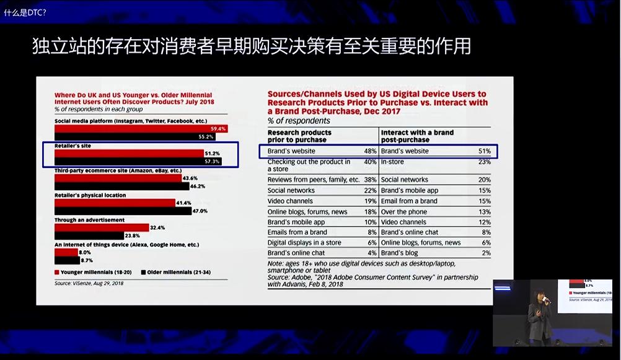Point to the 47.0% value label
[x=200, y=211]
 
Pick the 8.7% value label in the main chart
[x=86, y=261]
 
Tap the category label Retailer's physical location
[x=90, y=195]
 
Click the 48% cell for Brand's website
[x=371, y=151]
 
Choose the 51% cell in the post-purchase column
[x=485, y=151]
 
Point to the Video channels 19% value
[x=371, y=201]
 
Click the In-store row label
[x=392, y=162]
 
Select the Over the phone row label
[x=404, y=212]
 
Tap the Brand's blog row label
[x=399, y=253]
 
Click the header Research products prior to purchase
[x=299, y=136]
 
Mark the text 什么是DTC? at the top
[x=25, y=12]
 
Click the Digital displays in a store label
[x=304, y=243]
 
